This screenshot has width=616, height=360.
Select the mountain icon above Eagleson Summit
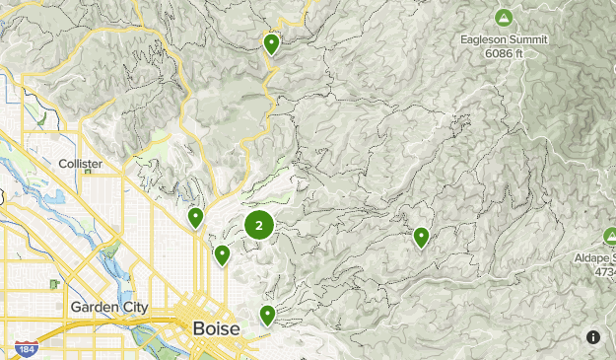click(x=504, y=19)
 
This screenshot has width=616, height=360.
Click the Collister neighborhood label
click(x=81, y=164)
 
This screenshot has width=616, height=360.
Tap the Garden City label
click(x=108, y=308)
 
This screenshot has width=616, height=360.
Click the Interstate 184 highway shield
click(x=26, y=349)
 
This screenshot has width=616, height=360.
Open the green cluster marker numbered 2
click(x=258, y=226)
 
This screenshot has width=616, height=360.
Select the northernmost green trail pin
click(x=271, y=43)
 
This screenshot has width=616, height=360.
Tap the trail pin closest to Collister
click(x=196, y=217)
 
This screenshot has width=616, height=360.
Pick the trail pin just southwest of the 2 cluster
click(x=223, y=255)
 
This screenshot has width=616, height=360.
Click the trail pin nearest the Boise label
click(x=267, y=315)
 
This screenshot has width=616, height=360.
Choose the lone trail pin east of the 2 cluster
click(x=421, y=237)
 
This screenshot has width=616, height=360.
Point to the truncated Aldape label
click(x=595, y=258)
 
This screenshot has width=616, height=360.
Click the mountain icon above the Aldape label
click(x=609, y=237)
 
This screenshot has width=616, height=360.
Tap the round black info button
click(x=593, y=336)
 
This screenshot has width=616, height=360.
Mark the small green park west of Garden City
click(x=54, y=284)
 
